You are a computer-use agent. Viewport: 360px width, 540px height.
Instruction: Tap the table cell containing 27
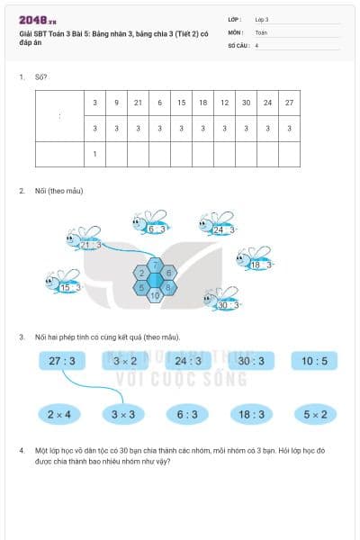289,103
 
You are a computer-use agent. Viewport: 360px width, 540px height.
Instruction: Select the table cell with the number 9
116,103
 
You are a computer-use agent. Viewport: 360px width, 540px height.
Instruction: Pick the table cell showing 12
224,103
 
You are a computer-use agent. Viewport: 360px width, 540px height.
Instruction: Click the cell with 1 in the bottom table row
94,154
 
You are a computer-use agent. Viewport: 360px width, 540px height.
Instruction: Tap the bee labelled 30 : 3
223,301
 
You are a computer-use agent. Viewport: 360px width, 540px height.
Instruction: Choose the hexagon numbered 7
155,265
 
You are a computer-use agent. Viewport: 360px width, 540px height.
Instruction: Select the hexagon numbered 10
155,295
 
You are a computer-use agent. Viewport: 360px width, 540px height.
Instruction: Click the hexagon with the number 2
141,273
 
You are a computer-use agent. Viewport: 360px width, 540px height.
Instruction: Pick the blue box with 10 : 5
314,361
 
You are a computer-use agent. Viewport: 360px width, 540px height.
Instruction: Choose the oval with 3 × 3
124,414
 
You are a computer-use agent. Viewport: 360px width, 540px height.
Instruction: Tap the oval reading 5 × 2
314,414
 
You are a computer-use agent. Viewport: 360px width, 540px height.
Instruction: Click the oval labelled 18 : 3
251,414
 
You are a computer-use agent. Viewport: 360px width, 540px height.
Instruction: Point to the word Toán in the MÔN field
261,31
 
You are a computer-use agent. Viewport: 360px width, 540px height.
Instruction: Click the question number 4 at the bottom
21,449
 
